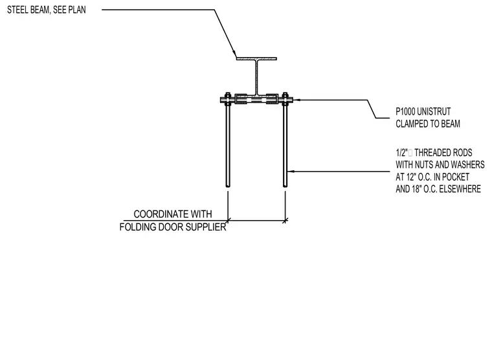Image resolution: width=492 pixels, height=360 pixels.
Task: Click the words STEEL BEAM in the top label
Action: coord(28,10)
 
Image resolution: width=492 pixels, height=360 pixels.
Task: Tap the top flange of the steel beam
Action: coord(256,59)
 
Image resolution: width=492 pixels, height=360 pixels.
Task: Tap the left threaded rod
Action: coord(228,144)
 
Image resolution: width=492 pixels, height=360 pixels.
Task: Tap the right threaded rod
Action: coord(285,144)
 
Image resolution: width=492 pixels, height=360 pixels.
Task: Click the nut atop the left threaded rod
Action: coord(228,95)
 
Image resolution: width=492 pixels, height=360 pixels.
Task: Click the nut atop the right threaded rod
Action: coord(285,95)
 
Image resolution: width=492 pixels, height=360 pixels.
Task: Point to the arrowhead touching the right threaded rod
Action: coord(290,172)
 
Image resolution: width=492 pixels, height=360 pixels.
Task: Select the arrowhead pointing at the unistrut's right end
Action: coord(296,100)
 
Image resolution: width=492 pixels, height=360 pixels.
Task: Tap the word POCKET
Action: coord(456,177)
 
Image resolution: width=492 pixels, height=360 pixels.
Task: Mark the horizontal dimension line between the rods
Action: coord(256,221)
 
